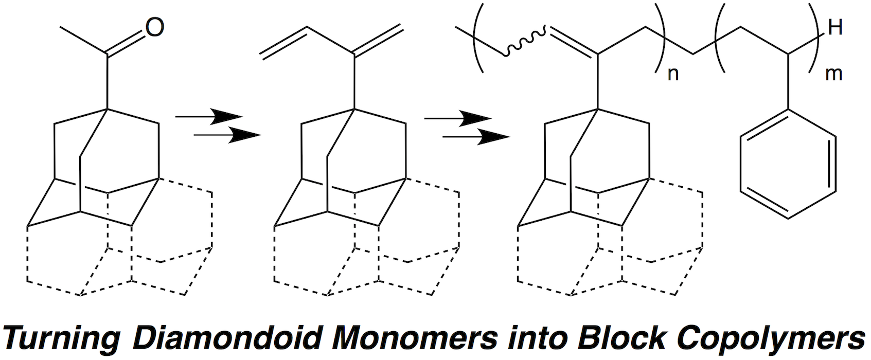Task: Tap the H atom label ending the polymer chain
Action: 834,28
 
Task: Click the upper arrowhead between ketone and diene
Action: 226,117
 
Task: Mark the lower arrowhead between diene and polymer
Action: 492,136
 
